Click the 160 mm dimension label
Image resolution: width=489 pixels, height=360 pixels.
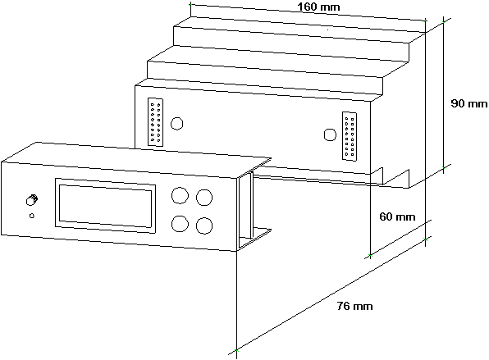318,7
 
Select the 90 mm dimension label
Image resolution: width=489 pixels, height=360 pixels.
469,103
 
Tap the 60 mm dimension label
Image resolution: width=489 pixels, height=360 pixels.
397,216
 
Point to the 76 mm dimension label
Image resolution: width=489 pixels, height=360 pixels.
355,306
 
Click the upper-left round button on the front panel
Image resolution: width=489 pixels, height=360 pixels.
180,195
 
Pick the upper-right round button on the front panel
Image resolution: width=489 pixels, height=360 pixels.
204,198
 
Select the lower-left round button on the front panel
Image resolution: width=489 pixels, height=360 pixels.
180,224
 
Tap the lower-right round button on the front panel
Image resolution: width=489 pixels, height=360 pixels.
204,226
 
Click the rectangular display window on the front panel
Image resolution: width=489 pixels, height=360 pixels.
105,206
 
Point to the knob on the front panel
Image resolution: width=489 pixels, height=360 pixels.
31,200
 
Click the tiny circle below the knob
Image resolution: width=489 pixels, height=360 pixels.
31,216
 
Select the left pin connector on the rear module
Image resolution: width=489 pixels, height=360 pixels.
155,122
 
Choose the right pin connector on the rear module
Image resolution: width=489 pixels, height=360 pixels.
350,136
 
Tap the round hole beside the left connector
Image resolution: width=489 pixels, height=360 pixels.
177,124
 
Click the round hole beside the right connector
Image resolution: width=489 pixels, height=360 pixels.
330,135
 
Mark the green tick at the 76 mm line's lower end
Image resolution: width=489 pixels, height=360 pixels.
236,350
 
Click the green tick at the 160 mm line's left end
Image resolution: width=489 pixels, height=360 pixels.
190,4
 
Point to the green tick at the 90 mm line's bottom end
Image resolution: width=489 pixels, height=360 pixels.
444,167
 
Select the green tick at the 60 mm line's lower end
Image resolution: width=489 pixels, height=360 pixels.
370,256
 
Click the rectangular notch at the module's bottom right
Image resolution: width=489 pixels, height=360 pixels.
395,177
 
